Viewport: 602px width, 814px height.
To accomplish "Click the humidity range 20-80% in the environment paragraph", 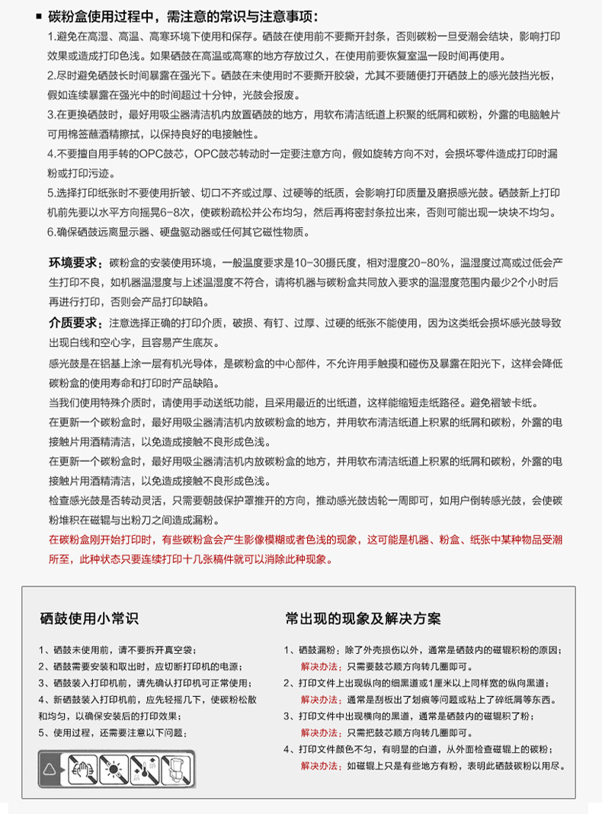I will point(431,264).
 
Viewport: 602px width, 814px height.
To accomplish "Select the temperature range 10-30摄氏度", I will point(319,264).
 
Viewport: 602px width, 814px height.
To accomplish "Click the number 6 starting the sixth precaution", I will point(50,232).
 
